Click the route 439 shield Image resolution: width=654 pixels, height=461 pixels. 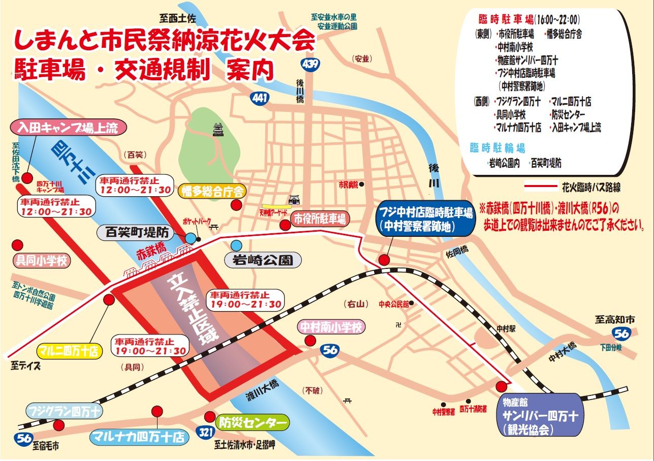click(309, 64)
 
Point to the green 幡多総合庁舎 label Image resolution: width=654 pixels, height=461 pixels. click(213, 191)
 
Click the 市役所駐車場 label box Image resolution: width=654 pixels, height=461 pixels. click(320, 219)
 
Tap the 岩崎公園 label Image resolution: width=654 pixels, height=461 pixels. click(263, 261)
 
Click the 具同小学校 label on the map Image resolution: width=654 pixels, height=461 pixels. click(43, 261)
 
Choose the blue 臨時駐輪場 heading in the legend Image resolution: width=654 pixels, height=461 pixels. click(497, 148)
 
